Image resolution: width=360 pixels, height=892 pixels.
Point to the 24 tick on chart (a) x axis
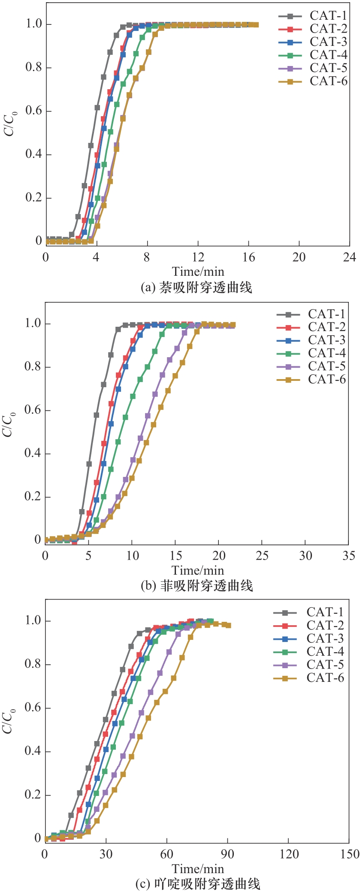350,257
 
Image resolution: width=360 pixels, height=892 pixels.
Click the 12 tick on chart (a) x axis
198,257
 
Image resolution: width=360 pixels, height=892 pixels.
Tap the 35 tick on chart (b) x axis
349,556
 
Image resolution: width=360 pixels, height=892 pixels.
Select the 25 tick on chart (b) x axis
262,556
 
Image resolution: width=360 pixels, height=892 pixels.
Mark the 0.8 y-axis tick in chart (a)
34,67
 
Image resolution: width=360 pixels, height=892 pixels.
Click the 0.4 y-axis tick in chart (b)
33,453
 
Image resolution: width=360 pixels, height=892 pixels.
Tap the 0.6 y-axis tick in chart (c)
33,708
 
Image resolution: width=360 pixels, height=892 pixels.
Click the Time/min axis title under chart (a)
198,271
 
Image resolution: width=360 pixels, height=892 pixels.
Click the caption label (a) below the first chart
148,287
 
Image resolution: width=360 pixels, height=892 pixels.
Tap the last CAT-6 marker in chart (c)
228,625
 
